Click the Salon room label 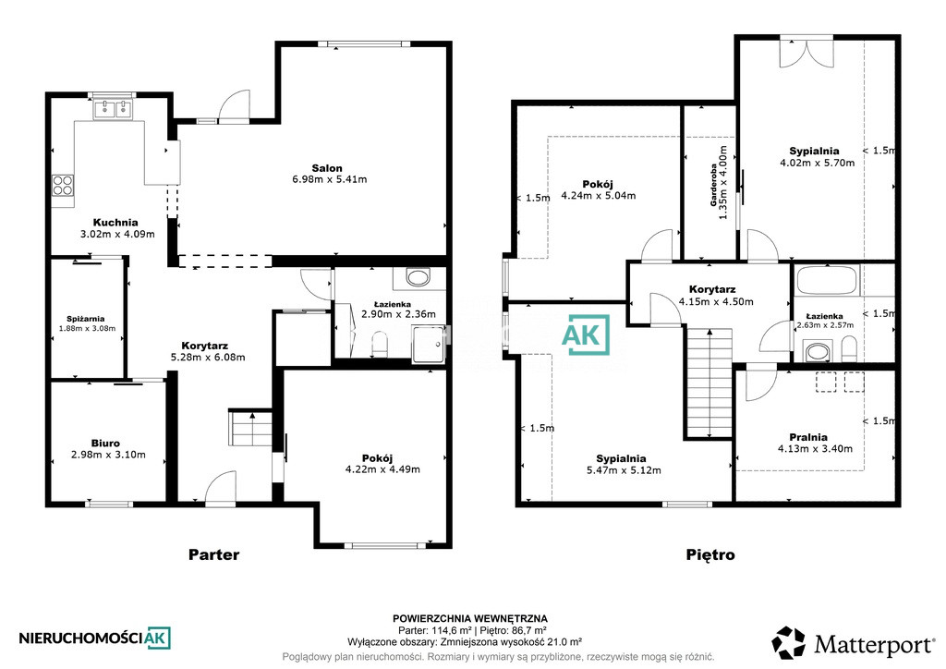click(x=327, y=168)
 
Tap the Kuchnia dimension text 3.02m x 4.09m click(x=117, y=234)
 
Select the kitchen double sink click(x=114, y=109)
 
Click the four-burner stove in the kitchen click(x=63, y=185)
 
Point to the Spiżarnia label click(x=86, y=319)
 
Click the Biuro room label click(x=105, y=443)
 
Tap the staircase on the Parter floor click(x=249, y=427)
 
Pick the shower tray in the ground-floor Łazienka click(x=430, y=345)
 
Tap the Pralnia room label click(x=808, y=437)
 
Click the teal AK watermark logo click(x=585, y=334)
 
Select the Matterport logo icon click(x=789, y=642)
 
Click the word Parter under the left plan click(x=214, y=554)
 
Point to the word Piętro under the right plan click(x=710, y=554)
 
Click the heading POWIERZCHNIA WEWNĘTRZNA click(x=470, y=618)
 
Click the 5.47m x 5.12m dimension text click(x=624, y=470)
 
